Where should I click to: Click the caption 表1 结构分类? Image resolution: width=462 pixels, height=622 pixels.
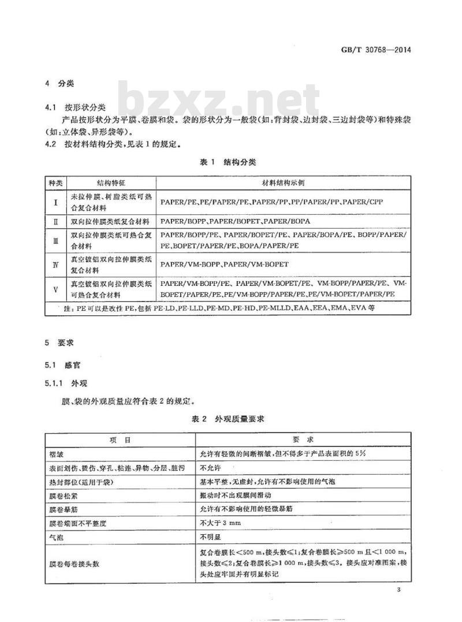click(x=231, y=163)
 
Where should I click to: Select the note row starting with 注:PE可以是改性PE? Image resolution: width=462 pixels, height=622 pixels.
click(x=219, y=308)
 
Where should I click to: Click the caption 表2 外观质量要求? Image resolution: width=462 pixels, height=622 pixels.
click(x=231, y=419)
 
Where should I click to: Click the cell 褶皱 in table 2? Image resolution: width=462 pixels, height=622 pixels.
click(x=56, y=455)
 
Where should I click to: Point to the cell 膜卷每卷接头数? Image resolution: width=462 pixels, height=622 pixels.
click(x=75, y=563)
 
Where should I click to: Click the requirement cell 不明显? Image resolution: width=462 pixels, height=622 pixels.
click(x=208, y=537)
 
